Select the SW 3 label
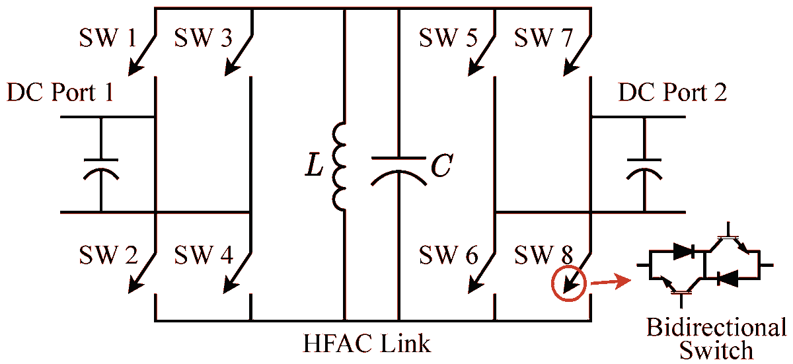(203, 38)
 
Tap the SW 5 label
(448, 38)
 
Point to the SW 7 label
(543, 38)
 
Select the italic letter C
(441, 167)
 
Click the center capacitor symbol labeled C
(398, 168)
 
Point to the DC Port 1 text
(60, 92)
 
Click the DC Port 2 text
(673, 92)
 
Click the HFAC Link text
(367, 344)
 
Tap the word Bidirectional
(716, 328)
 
